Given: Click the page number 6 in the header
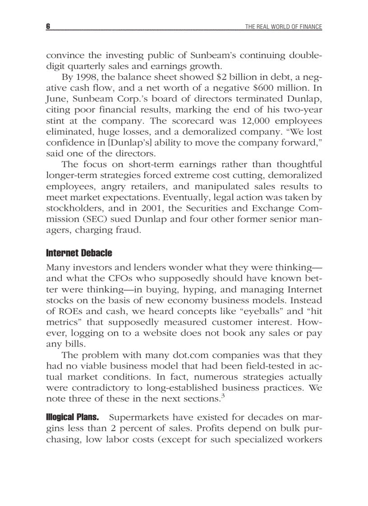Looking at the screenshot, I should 47,27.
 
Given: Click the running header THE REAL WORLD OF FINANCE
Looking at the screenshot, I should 283,27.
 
